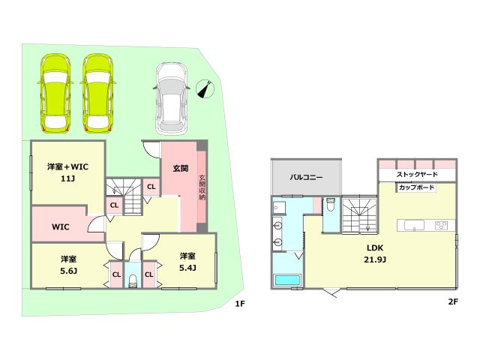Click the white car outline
(172, 98)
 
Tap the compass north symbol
(205, 88)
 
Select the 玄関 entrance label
(181, 168)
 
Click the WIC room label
(60, 226)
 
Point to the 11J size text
(67, 178)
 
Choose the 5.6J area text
(68, 271)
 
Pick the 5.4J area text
(187, 268)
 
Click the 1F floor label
(240, 303)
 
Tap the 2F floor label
(453, 301)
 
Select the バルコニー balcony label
(306, 177)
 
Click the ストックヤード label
(417, 174)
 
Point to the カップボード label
(417, 187)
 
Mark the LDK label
(375, 247)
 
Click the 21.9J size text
(375, 259)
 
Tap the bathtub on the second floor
(287, 280)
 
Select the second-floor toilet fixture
(331, 205)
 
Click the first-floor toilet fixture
(133, 281)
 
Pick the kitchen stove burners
(441, 225)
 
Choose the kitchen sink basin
(414, 225)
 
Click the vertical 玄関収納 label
(202, 187)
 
